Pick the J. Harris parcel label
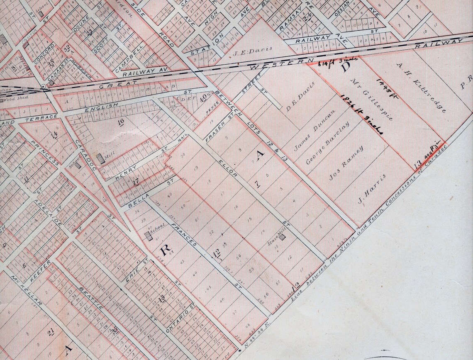372,189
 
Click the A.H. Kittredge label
422,88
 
